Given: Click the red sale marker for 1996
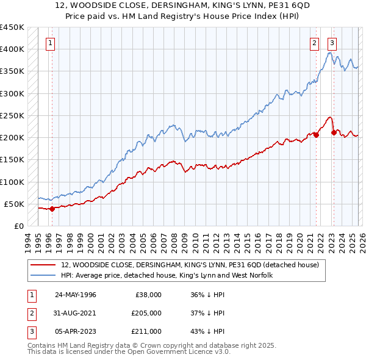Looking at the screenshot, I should coord(52,209).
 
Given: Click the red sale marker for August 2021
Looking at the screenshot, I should coord(316,135).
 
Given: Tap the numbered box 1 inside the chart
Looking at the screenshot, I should coord(49,43).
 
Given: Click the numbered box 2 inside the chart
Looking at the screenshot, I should coord(314,43).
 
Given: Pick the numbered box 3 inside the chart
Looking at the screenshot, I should coord(332,43).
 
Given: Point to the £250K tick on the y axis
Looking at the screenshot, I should coord(12,115).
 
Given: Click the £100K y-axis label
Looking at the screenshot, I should coord(12,182).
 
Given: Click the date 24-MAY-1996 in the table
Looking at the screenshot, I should coord(75,295).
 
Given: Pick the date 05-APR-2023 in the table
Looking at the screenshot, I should coord(75,331).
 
